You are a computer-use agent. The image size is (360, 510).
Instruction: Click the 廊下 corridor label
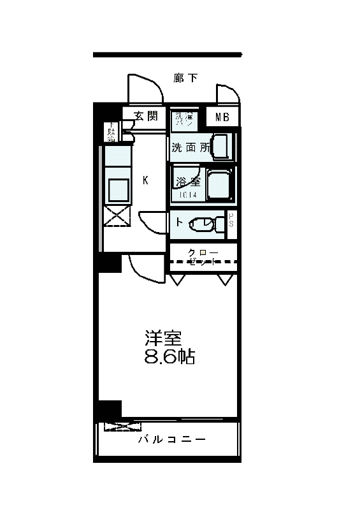coord(185,78)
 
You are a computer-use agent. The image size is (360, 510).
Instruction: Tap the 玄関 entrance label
coord(145,115)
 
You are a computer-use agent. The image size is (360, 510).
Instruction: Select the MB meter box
coord(222,117)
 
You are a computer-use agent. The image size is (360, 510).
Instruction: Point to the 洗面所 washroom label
coord(189,147)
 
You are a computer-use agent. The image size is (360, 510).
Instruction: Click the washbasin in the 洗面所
coord(221,146)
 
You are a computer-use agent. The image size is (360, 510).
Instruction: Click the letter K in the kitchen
coord(145,180)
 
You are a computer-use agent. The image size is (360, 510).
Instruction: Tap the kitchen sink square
coord(117,189)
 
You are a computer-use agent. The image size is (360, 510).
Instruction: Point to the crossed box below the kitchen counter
coord(117,216)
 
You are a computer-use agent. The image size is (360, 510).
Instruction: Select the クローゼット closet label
coord(203,257)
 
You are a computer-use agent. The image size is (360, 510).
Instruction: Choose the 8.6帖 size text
coord(169,356)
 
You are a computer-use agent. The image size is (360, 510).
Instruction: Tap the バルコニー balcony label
coord(171,441)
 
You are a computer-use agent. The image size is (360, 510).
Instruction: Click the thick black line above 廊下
coord(168,55)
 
